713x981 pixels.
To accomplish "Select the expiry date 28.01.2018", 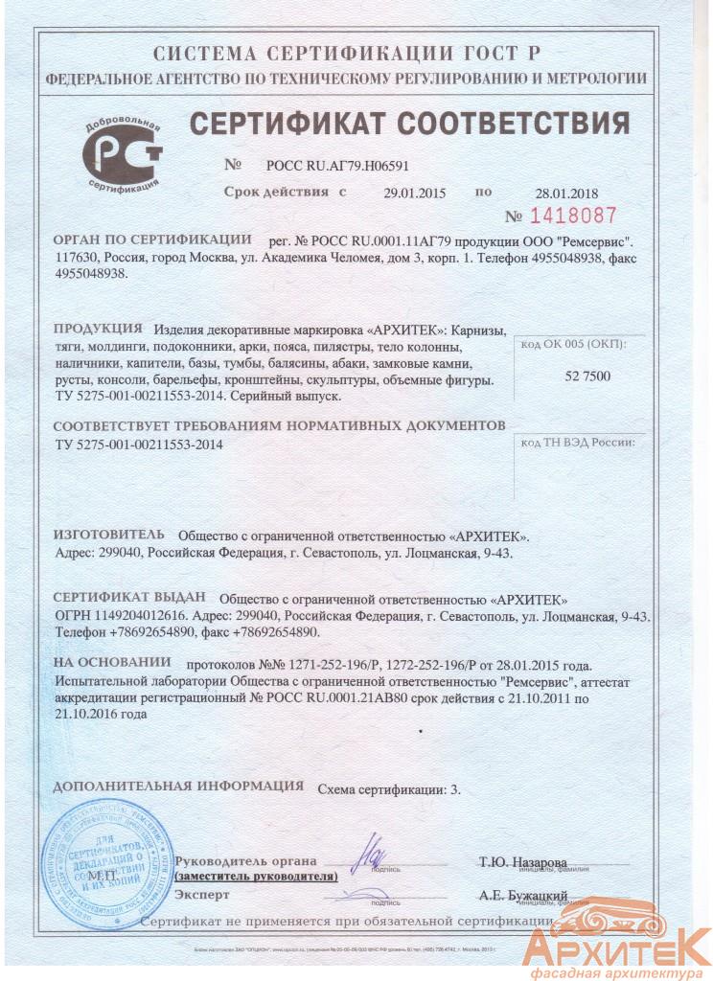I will tap(565, 193).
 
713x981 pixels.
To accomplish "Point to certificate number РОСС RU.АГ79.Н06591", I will tap(331, 165).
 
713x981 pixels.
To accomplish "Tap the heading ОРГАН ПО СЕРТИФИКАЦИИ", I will tap(151, 239).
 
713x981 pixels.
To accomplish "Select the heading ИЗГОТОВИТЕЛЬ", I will tap(108, 534).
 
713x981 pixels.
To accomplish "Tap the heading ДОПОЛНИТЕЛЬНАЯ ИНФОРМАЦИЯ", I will tap(177, 787).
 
